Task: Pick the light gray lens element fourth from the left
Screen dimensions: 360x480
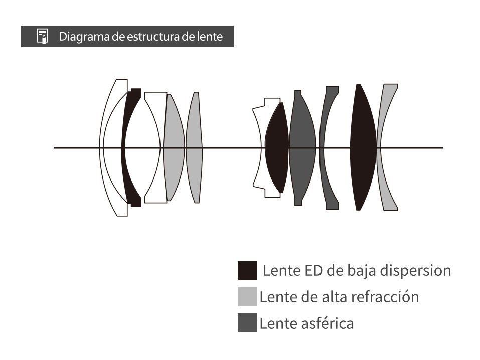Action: (174, 148)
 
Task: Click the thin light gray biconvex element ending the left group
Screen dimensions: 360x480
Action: (195, 148)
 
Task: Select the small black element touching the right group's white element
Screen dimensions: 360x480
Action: (276, 148)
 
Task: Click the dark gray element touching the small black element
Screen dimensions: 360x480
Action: (302, 148)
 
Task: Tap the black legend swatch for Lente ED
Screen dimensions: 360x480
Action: (247, 271)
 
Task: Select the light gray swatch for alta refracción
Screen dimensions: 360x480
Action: (247, 297)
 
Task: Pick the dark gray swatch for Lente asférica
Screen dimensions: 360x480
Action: (247, 323)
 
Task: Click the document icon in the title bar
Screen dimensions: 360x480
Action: (42, 37)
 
